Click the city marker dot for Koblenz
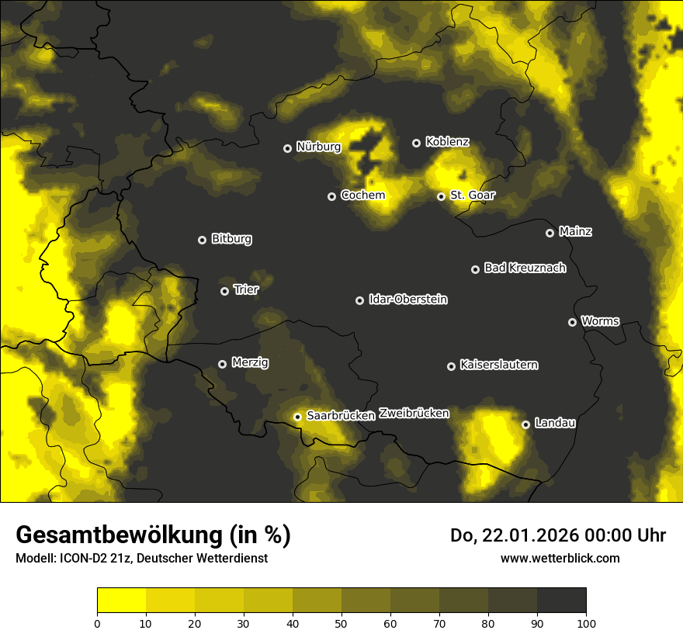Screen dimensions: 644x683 416,143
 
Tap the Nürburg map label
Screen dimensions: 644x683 318,147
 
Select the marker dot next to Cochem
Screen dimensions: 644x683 331,196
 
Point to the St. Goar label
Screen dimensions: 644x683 472,195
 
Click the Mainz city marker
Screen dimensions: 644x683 550,233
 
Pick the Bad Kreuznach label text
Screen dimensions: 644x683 525,268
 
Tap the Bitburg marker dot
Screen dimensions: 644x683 202,240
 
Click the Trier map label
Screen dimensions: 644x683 246,289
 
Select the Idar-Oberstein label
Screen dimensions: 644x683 407,299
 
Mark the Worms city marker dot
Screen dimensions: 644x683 572,322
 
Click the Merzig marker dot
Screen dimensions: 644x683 222,364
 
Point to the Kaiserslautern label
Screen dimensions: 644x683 498,365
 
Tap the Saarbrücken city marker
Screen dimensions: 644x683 297,417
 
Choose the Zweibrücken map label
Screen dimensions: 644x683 414,414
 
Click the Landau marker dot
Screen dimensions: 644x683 525,424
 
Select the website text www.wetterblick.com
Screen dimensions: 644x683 560,558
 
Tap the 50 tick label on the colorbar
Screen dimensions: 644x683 341,623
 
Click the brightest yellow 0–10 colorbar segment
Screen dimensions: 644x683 121,600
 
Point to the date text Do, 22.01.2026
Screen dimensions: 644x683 513,535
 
